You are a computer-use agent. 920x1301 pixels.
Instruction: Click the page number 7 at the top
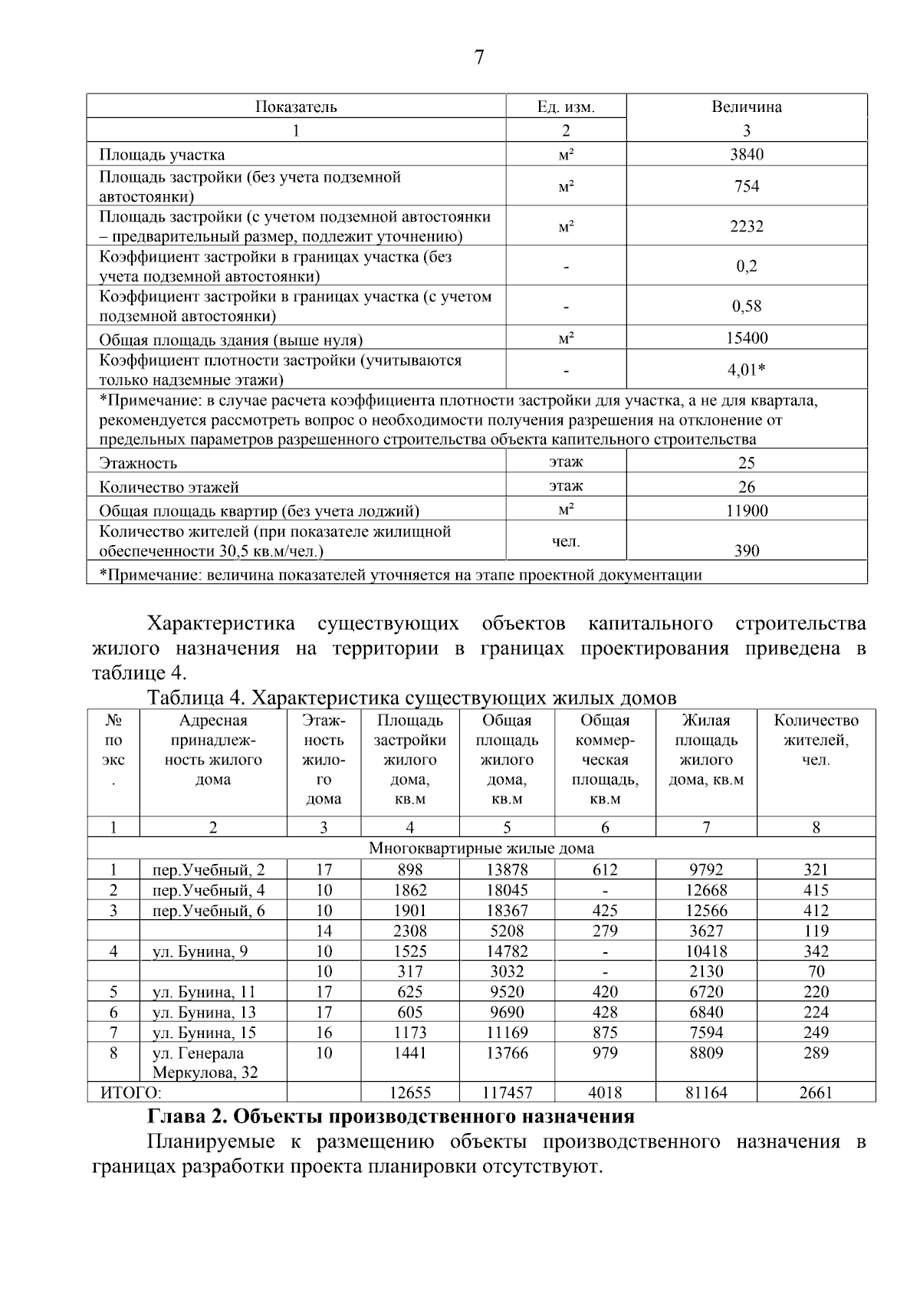(479, 57)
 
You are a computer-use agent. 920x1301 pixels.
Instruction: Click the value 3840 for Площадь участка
(746, 155)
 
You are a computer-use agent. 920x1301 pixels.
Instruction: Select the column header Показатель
(296, 107)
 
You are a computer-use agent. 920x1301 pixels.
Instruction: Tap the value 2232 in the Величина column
(746, 227)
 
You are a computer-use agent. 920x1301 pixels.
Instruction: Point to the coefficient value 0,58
(746, 307)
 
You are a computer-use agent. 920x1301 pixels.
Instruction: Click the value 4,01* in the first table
(746, 370)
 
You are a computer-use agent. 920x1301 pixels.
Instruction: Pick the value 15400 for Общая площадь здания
(746, 338)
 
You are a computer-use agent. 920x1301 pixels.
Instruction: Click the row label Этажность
(138, 463)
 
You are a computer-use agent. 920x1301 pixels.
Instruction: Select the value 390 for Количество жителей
(746, 550)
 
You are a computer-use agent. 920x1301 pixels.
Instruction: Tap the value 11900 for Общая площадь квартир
(746, 511)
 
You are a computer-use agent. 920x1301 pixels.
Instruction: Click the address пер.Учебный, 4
(209, 890)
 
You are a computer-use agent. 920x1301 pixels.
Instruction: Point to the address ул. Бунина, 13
(204, 1012)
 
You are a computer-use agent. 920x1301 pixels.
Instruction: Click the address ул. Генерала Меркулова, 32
(205, 1063)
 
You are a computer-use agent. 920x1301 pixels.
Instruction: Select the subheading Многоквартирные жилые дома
(481, 849)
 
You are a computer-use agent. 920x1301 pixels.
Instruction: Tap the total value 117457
(507, 1092)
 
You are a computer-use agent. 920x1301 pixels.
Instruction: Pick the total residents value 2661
(816, 1092)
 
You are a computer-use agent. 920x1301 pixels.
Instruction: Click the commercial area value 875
(605, 1033)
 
